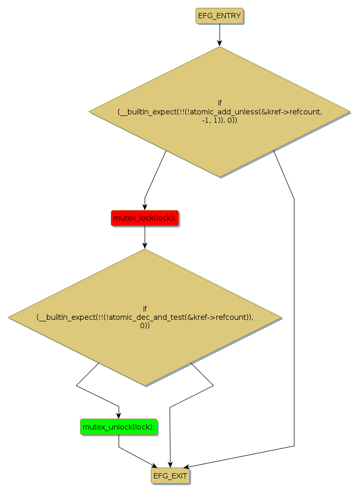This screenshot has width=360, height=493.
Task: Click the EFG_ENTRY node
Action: (220, 16)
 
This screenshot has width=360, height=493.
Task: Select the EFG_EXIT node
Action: (170, 475)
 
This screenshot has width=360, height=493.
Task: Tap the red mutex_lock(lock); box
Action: (145, 218)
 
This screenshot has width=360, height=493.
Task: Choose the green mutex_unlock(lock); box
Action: (119, 427)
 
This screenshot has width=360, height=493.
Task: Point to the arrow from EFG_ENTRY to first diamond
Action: (220, 35)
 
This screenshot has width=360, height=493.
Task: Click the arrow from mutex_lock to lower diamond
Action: (145, 238)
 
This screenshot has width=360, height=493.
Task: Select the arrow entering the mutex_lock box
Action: (154, 177)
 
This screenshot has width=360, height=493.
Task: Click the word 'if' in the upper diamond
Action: (220, 102)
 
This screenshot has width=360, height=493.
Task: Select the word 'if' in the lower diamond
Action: (145, 308)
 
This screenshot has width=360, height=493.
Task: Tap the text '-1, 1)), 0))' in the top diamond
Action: (220, 120)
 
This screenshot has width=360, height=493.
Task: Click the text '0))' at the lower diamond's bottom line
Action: (145, 326)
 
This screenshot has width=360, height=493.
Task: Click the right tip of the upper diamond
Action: (349, 111)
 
